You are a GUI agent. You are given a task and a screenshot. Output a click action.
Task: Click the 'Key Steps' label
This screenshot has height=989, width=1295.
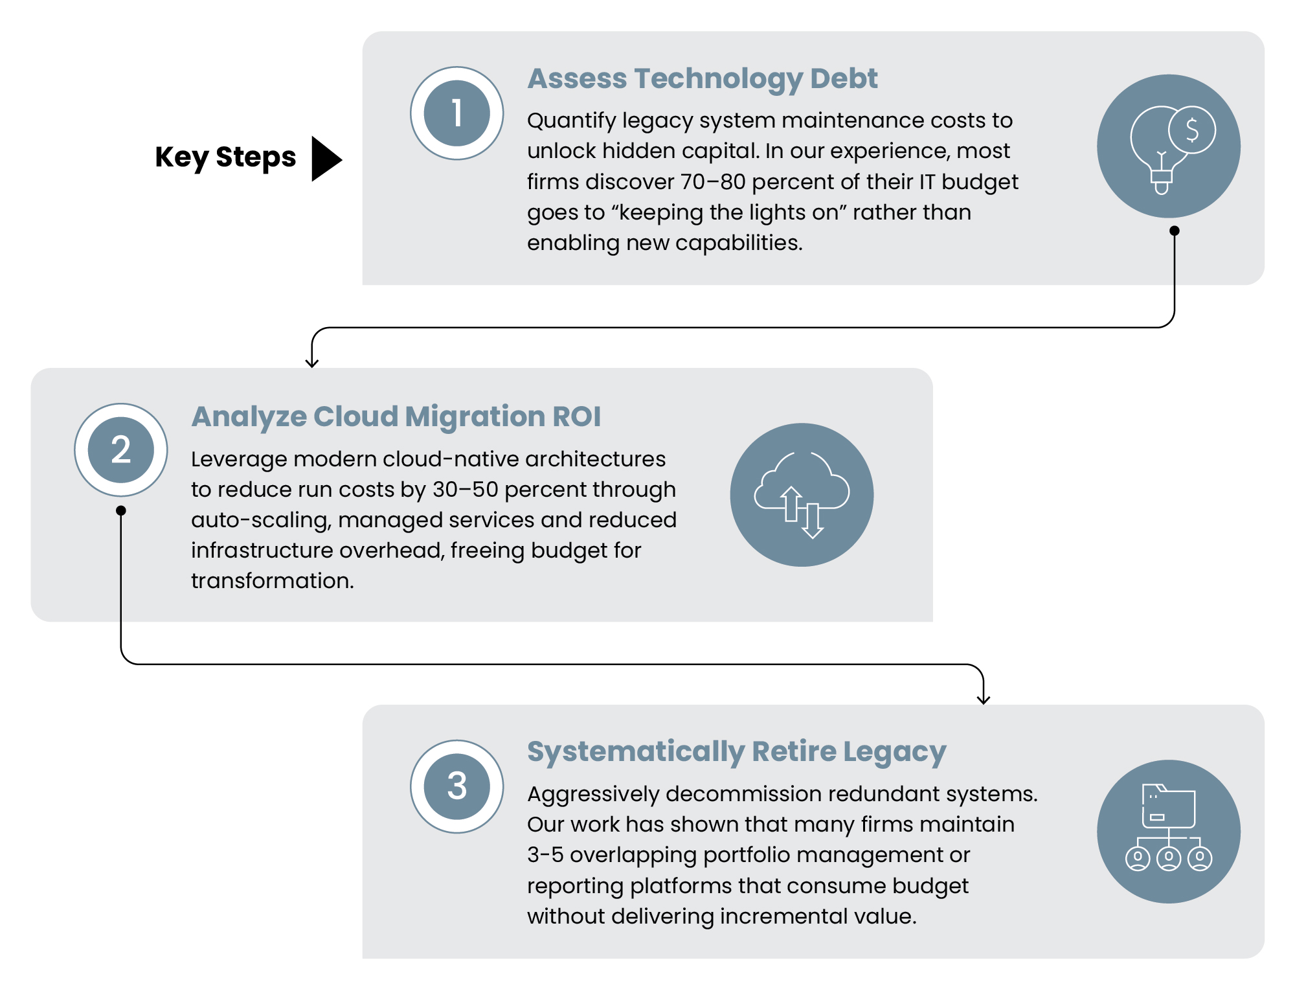pos(225,158)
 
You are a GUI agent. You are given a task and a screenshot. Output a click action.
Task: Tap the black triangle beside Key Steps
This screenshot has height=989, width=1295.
pos(326,159)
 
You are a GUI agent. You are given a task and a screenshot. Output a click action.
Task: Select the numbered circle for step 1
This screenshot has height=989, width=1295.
pos(456,113)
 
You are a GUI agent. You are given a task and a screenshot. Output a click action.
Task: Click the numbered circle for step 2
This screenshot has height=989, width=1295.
pos(121,450)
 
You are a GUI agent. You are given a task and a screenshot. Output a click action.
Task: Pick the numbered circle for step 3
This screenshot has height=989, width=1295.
pos(456,786)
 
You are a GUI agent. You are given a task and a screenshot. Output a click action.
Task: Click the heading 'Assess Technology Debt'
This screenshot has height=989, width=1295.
pos(703,79)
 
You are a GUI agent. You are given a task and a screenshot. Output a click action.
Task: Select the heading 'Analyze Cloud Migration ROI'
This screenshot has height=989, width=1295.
pos(396,416)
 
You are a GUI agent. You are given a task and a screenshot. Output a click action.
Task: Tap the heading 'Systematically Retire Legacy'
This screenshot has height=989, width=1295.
pos(737,752)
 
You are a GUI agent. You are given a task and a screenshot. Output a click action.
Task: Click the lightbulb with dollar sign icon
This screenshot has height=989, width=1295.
pos(1169,146)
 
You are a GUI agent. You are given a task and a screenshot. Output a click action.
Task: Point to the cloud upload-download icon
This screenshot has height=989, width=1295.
pos(802,495)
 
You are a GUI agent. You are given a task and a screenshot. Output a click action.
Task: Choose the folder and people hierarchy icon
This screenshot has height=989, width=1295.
pos(1169,832)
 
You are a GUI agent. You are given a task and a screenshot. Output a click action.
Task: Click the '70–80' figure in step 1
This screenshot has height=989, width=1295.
pos(713,182)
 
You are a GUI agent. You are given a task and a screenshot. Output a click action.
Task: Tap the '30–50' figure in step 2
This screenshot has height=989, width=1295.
pos(466,490)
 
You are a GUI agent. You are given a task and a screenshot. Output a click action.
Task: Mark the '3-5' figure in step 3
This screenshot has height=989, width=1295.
pos(545,855)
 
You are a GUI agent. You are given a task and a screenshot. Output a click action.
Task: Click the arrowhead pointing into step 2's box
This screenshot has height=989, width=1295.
pos(312,363)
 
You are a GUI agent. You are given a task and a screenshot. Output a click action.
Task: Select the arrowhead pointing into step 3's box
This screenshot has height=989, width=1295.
pos(984,699)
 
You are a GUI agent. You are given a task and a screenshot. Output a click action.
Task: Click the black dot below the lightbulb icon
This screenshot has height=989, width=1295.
pos(1175,231)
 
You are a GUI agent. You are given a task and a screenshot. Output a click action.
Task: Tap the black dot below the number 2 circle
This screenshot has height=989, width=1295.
pos(121,510)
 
